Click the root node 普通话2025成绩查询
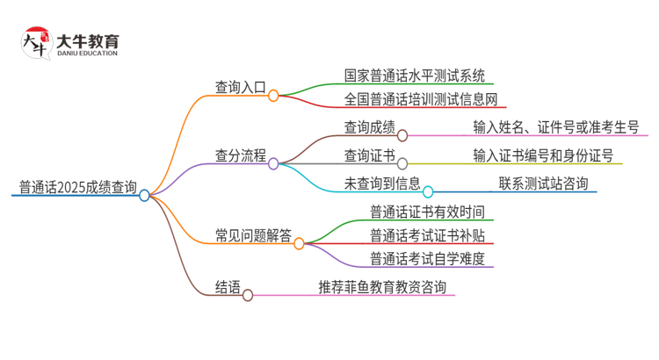point(77,187)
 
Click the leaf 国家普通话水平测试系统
point(415,76)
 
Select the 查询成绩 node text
point(368,128)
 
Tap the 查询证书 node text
point(368,156)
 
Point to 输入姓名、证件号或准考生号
point(555,128)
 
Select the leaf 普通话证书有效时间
point(426,212)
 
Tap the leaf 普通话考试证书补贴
point(426,235)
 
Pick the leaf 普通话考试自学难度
point(426,258)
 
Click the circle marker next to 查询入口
point(273,93)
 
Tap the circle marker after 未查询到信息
point(429,191)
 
